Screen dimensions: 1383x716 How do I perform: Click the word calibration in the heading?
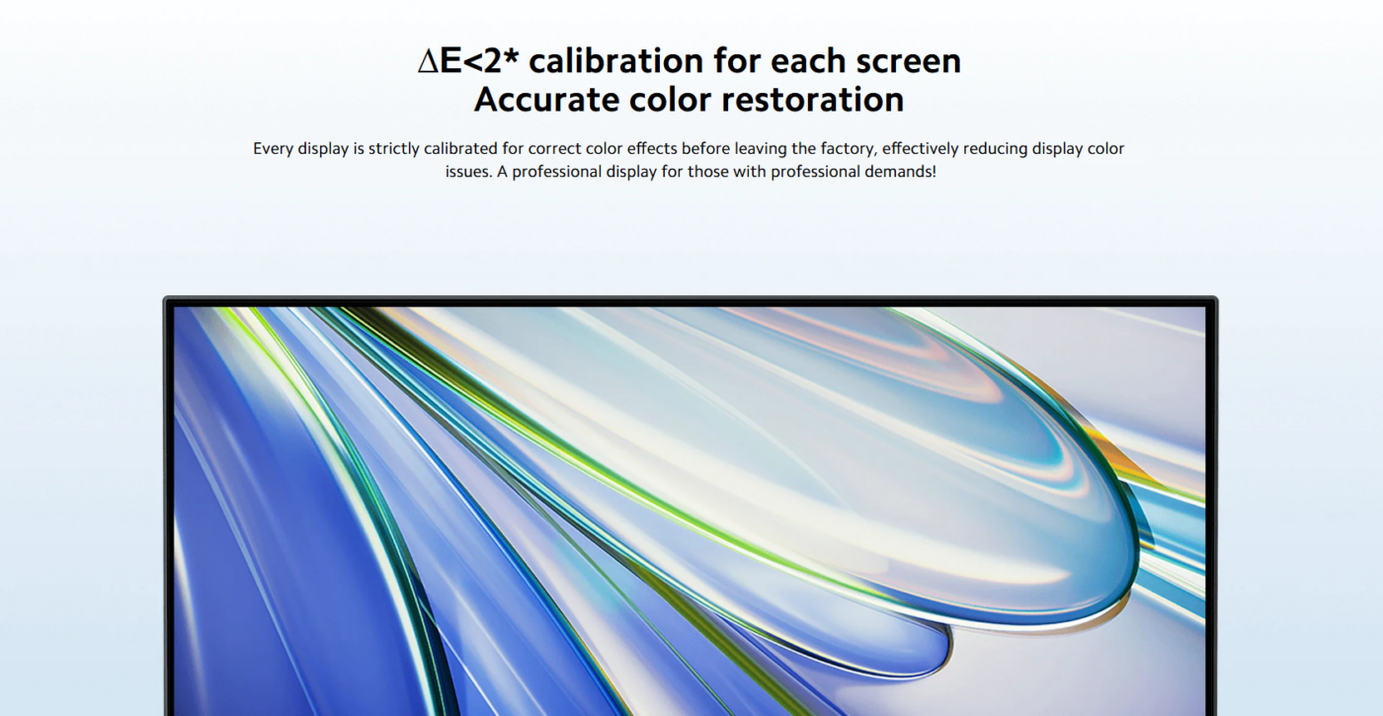click(616, 61)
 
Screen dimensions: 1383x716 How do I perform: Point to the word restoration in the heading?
click(812, 100)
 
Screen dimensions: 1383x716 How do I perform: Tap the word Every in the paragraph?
click(273, 149)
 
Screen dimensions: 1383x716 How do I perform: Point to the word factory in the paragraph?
click(847, 149)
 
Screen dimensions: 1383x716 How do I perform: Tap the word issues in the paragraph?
click(468, 172)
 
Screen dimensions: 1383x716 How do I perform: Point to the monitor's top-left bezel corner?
click(164, 297)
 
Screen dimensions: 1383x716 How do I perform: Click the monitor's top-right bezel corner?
click(1216, 297)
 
